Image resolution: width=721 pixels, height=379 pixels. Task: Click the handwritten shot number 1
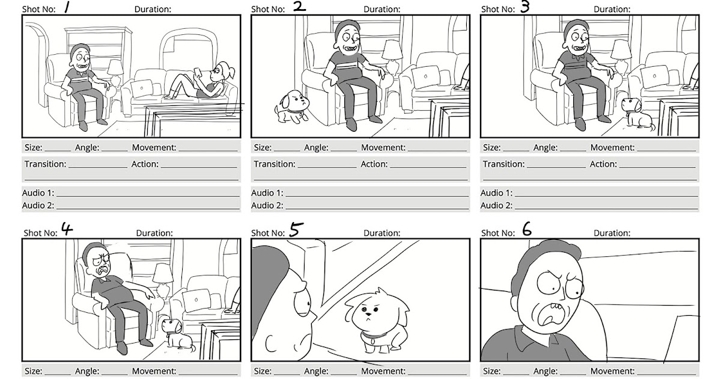tap(68, 8)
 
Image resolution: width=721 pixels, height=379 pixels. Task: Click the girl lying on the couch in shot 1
tap(202, 81)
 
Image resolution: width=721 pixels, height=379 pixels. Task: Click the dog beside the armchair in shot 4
tap(177, 334)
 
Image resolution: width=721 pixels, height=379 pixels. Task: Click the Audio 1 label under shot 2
tap(266, 193)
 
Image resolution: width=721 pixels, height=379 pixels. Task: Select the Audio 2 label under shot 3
tap(496, 205)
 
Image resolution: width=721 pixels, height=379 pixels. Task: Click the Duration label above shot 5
tap(382, 233)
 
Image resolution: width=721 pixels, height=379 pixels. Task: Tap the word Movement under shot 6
tap(612, 371)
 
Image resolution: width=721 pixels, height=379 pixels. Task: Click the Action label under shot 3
tap(603, 164)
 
